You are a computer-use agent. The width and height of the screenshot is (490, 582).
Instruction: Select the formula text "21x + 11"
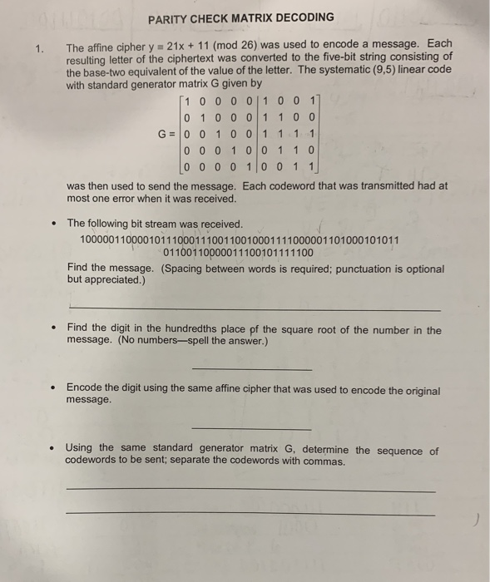(x=197, y=43)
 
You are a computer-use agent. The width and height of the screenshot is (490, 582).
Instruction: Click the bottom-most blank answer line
(x=250, y=515)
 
